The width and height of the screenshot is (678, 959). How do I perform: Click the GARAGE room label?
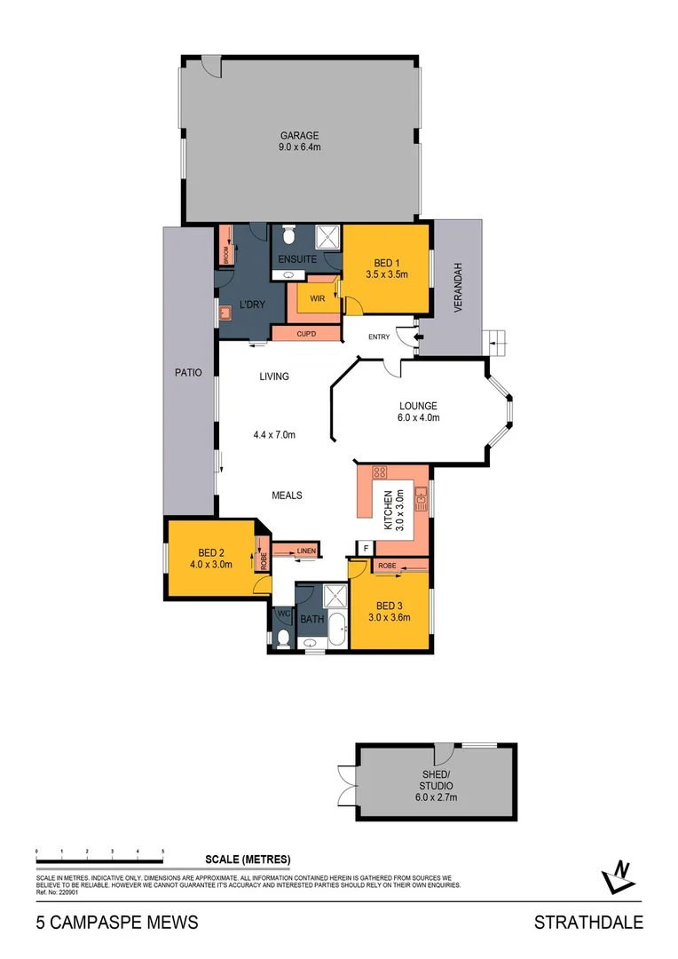tap(300, 136)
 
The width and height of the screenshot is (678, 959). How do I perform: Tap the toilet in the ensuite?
tap(288, 236)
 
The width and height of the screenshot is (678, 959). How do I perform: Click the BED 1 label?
tap(386, 263)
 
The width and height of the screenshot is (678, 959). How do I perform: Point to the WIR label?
tap(317, 298)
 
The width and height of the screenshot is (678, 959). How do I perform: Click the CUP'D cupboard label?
tap(307, 334)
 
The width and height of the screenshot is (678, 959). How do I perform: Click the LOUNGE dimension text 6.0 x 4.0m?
tap(419, 417)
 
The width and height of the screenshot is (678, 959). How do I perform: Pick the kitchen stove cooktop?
tap(381, 473)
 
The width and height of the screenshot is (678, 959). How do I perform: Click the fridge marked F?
tap(364, 548)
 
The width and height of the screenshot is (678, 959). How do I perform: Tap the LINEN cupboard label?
tap(305, 551)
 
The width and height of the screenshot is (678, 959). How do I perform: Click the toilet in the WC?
tap(282, 637)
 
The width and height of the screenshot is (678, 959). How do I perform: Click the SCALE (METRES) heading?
tap(248, 859)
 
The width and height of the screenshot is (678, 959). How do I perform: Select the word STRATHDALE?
tap(587, 923)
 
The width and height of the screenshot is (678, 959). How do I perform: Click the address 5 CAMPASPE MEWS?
tap(117, 923)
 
